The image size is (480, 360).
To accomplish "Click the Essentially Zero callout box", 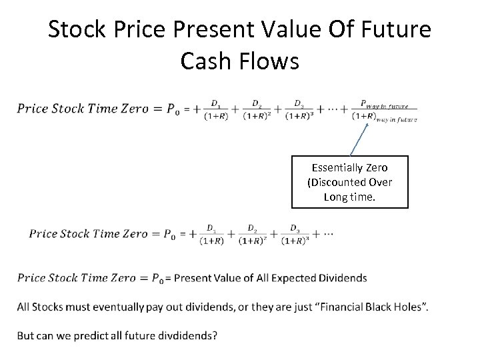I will pos(349,182).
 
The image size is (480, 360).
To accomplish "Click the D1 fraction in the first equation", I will pos(216,110).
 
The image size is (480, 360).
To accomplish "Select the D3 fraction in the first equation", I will pos(299,110).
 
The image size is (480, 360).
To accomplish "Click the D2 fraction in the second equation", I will pos(253,235).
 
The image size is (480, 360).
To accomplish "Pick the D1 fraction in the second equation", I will pos(211,235).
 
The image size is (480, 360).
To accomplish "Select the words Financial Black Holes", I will pos(374,307).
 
